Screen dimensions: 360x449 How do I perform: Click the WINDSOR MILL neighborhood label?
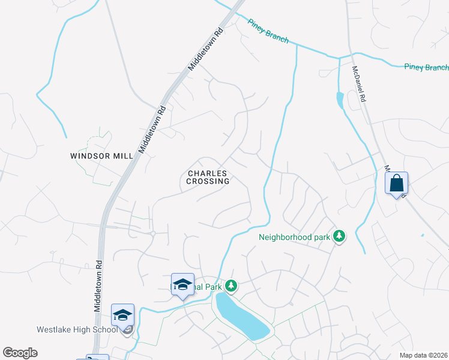(x=101, y=155)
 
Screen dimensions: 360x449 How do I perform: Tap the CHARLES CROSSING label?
(x=208, y=177)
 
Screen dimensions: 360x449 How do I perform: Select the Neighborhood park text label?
(x=294, y=236)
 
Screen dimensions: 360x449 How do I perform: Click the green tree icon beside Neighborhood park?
(x=340, y=236)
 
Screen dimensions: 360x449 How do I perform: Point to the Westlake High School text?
(x=77, y=329)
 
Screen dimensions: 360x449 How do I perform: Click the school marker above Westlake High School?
(x=122, y=315)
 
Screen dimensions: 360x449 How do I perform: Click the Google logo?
(x=20, y=353)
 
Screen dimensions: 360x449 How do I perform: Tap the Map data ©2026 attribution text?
(x=423, y=355)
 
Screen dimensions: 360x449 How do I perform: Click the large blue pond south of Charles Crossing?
(x=242, y=316)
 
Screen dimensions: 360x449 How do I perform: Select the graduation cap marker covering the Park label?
(x=182, y=284)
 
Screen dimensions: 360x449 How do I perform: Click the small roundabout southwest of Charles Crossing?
(x=153, y=233)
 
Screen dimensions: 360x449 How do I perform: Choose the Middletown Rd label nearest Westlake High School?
(x=97, y=285)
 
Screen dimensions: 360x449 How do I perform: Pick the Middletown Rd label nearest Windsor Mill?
(x=152, y=129)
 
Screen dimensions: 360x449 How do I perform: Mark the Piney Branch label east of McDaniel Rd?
(x=426, y=67)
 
